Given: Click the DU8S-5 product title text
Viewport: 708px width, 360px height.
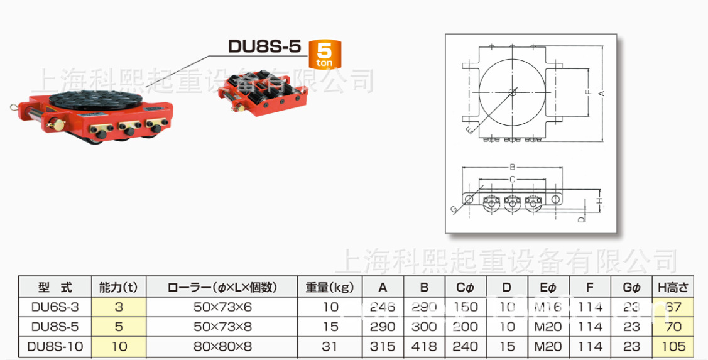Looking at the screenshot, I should tap(264, 46).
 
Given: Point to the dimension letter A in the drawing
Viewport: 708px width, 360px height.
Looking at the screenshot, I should tap(601, 93).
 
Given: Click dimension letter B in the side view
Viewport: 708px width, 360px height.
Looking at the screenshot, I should tap(513, 168).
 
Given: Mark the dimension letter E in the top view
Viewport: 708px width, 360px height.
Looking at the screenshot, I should tap(469, 130).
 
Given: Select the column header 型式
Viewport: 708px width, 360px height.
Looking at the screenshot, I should tap(55, 288).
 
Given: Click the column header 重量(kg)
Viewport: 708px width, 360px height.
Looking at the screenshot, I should tap(330, 288).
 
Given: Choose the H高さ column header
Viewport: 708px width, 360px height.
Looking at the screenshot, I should tap(673, 288).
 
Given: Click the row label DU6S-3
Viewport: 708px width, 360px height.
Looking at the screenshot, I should tap(55, 307).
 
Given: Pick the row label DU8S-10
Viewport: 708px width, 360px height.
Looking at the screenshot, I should tap(55, 346).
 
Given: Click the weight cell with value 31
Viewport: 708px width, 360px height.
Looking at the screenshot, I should tap(330, 346).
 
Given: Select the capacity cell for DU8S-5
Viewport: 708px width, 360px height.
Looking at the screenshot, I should tap(119, 327).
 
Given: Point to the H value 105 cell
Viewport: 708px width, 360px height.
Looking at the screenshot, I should tap(673, 346).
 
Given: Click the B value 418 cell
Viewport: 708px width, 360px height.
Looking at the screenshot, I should tap(424, 346).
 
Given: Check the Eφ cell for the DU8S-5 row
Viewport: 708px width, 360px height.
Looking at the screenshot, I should tap(548, 327).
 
